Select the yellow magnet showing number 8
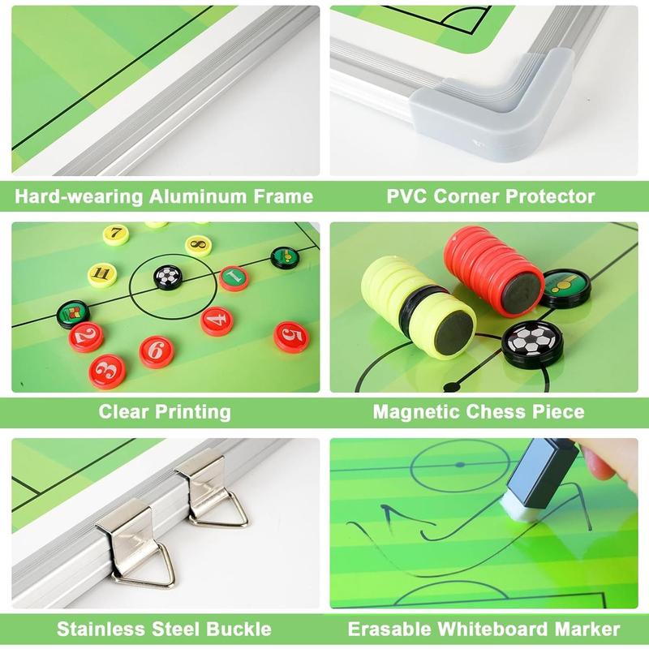coord(197,243)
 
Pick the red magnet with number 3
coord(107,372)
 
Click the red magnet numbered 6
coord(157,350)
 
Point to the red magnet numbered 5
coord(290,336)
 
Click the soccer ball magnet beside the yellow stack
coord(528,343)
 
